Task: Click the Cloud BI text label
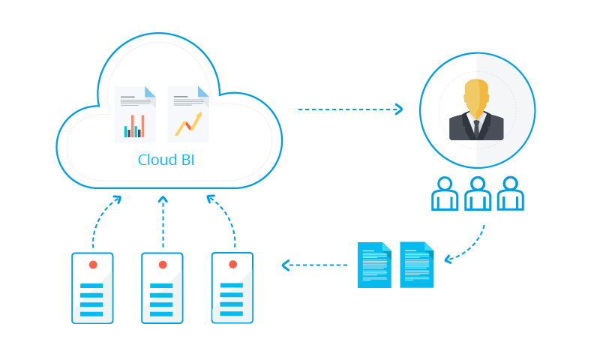166,160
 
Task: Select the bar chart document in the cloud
135,114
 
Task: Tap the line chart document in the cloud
188,114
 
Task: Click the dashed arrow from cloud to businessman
350,109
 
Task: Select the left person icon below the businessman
445,194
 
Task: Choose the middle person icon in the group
478,194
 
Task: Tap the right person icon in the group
511,194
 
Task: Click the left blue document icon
374,265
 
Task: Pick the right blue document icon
417,265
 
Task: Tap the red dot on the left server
93,265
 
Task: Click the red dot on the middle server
163,265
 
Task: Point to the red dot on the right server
232,265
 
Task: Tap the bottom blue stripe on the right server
232,313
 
